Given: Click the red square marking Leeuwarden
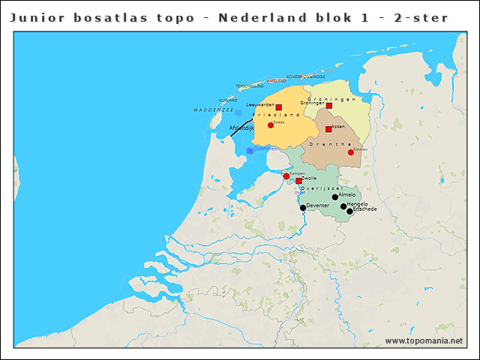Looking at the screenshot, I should (278, 107).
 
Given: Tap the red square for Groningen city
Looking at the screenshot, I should (328, 106).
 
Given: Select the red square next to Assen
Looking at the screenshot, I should (328, 129).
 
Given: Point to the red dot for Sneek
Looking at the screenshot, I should (271, 124).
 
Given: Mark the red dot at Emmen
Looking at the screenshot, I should (350, 152).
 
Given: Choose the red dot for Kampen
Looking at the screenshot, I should (286, 176).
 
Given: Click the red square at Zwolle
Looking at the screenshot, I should (298, 181).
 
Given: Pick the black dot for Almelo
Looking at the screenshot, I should (334, 197).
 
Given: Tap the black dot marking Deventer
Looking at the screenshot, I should (303, 208).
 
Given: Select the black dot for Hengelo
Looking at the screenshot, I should (343, 206).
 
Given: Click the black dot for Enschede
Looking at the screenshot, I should (349, 211).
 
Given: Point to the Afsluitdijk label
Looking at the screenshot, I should (241, 127).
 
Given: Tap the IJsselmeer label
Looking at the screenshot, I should (267, 149).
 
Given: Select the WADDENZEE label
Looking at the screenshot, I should (214, 109).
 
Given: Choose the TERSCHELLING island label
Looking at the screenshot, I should (250, 86).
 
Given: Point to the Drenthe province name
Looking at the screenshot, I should (335, 143).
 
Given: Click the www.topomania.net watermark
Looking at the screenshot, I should (424, 341).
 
